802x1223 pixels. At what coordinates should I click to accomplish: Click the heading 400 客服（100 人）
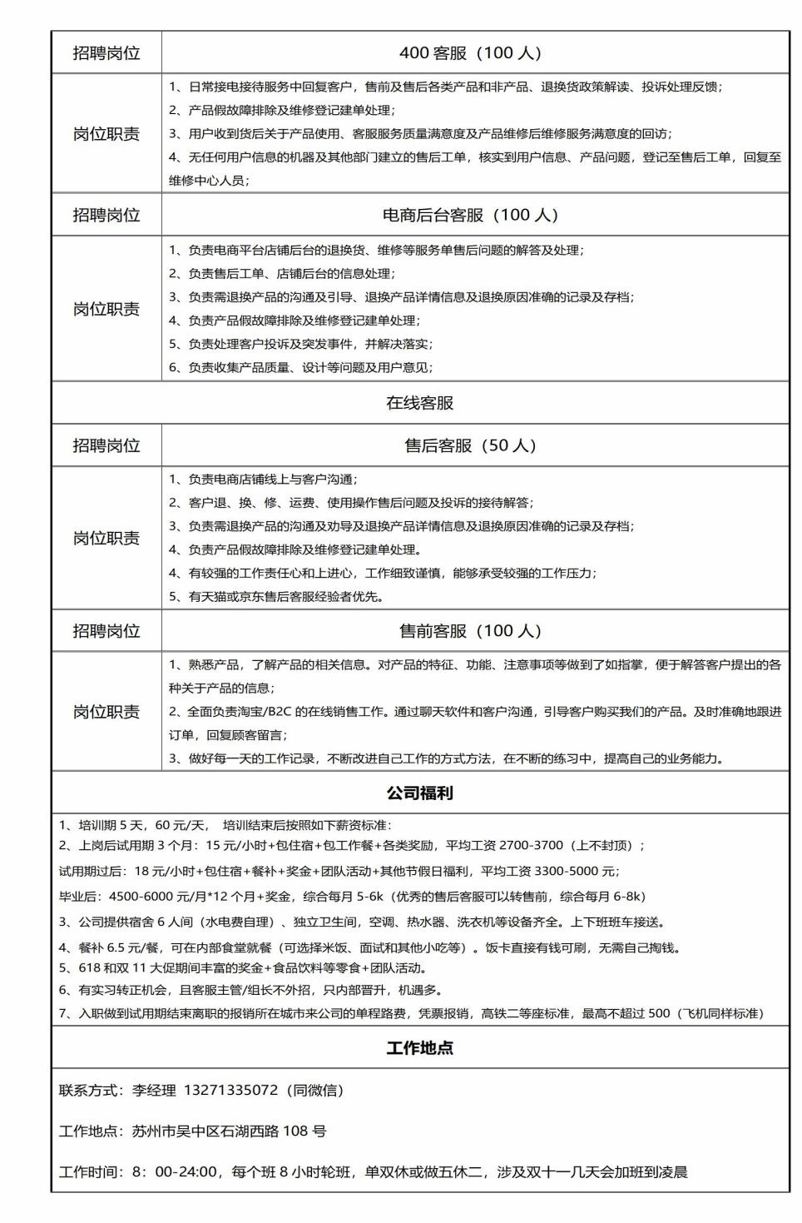click(x=470, y=53)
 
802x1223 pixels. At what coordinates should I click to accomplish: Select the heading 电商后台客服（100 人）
click(x=470, y=215)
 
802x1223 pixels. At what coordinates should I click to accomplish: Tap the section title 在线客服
click(x=420, y=403)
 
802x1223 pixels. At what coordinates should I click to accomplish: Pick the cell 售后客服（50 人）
click(x=470, y=445)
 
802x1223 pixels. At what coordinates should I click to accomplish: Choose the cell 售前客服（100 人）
click(x=470, y=631)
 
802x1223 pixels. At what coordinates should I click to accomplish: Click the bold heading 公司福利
click(x=420, y=793)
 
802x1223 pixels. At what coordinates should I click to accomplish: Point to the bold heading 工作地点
click(x=420, y=1047)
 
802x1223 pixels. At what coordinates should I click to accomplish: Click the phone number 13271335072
click(x=230, y=1090)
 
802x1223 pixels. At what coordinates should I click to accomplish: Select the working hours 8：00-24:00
click(x=176, y=1172)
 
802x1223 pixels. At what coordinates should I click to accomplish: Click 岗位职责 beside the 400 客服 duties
click(x=106, y=134)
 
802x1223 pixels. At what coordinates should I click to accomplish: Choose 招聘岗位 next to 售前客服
click(x=106, y=631)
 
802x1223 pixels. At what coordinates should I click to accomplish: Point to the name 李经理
click(x=155, y=1090)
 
